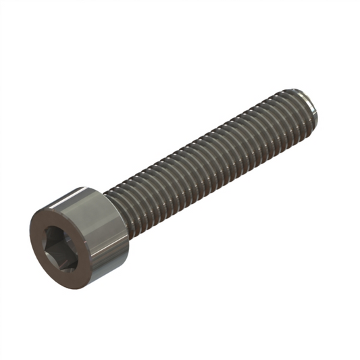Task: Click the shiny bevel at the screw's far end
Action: pyautogui.click(x=311, y=101)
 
